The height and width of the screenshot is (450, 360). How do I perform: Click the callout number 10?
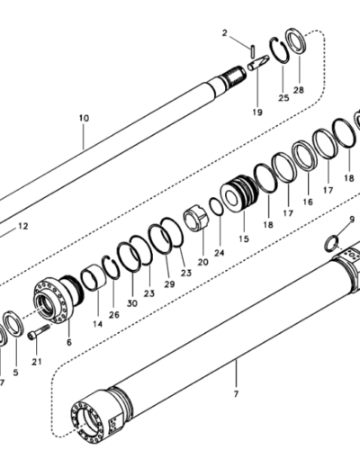(x=84, y=118)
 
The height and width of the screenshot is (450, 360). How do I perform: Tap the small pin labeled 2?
(x=253, y=50)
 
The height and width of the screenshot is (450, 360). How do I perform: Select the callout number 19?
(x=257, y=112)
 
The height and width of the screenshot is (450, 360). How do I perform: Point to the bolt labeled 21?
(x=39, y=332)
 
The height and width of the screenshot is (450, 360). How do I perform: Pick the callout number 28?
(x=299, y=90)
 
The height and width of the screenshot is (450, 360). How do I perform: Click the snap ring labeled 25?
(x=280, y=50)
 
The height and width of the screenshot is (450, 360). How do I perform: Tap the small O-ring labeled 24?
(x=216, y=206)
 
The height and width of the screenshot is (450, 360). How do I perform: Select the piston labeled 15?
(x=239, y=193)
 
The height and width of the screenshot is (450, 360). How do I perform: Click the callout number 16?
(x=308, y=202)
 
